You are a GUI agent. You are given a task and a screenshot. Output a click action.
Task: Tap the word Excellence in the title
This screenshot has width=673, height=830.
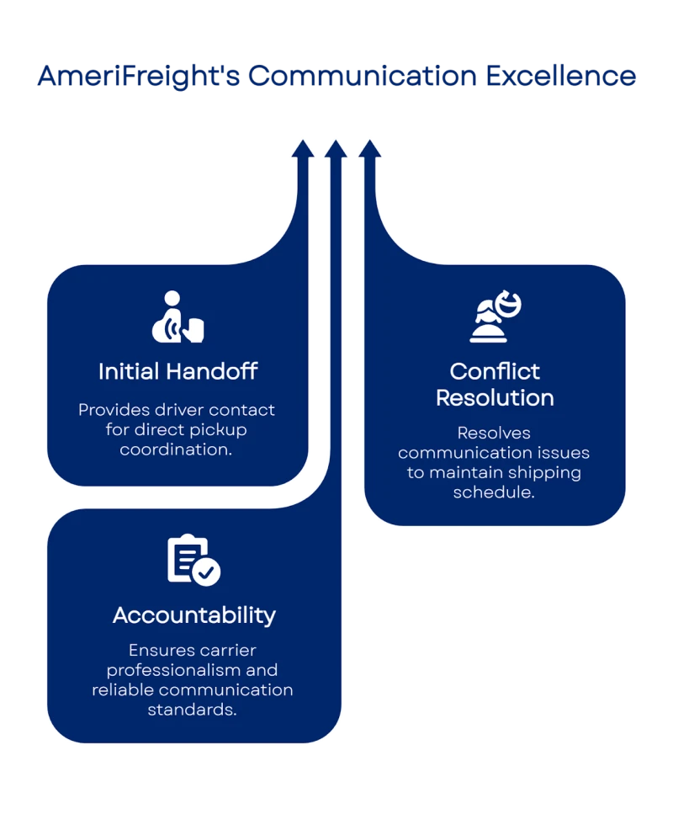561,77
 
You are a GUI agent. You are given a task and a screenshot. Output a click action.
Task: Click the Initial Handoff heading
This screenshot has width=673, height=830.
178,370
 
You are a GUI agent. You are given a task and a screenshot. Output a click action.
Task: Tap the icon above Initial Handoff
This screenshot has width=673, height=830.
178,317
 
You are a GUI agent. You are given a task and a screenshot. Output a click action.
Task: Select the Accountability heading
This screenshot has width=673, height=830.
194,615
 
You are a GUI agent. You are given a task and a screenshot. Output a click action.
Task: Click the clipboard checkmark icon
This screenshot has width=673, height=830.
193,561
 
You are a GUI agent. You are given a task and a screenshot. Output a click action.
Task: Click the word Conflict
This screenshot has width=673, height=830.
495,371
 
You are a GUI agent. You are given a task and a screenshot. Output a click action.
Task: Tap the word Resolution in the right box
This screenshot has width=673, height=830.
495,397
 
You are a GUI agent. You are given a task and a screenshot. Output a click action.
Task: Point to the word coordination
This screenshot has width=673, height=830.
175,450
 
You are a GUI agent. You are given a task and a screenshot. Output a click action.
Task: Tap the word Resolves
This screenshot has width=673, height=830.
495,433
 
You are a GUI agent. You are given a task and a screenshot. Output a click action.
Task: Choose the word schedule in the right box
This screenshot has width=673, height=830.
494,492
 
